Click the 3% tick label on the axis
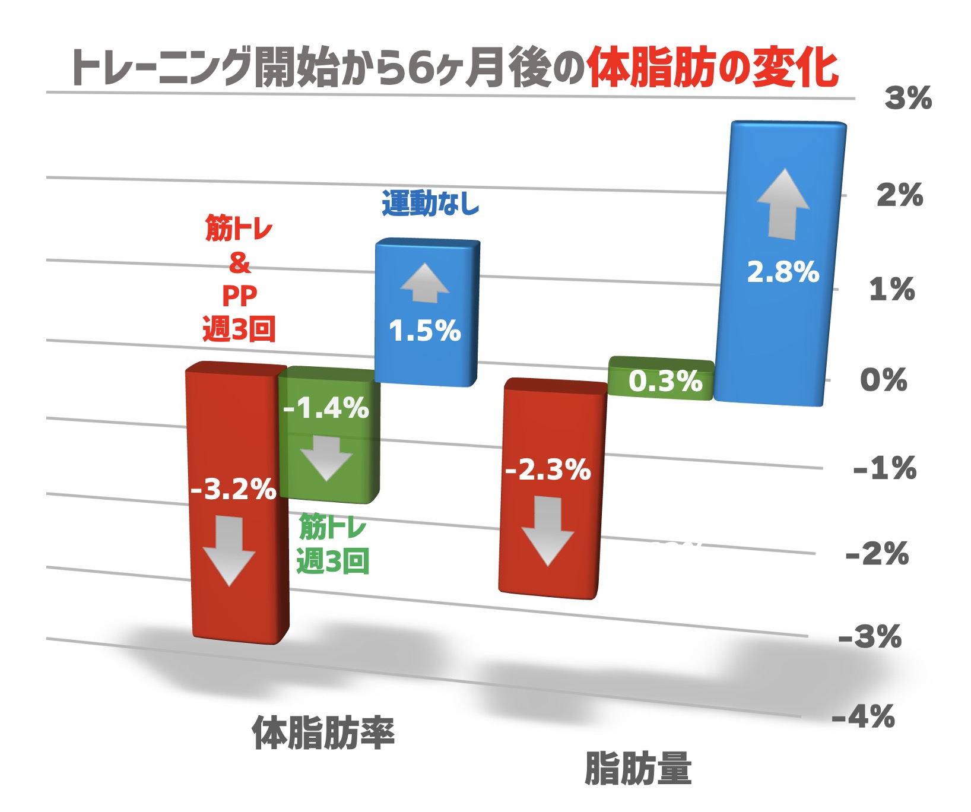pos(908,98)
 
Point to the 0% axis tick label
pos(883,380)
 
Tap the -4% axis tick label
pos(863,717)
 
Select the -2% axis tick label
pos(877,554)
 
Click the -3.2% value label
pos(233,490)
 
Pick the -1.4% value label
pos(326,408)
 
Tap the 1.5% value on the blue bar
pos(424,331)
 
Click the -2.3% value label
pos(548,470)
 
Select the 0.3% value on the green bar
pos(665,381)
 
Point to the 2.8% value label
pos(783,272)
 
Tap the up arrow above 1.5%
pos(424,283)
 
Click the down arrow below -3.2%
pos(229,550)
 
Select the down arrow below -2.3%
pos(547,530)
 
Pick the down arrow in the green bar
pos(326,458)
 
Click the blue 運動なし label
pos(430,204)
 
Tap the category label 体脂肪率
pos(323,733)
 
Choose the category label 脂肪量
pos(638,769)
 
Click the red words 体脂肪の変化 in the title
pos(712,68)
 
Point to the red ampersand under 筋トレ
pos(240,262)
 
